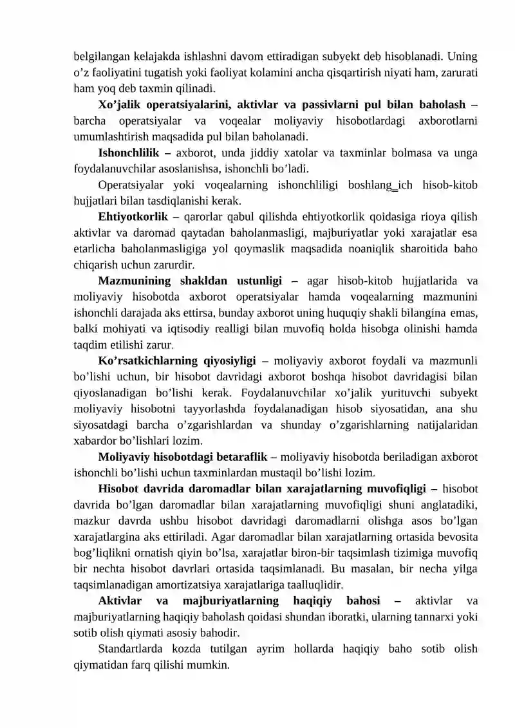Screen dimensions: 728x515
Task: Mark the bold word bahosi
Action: pos(363,601)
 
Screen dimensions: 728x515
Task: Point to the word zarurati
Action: pos(456,70)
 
